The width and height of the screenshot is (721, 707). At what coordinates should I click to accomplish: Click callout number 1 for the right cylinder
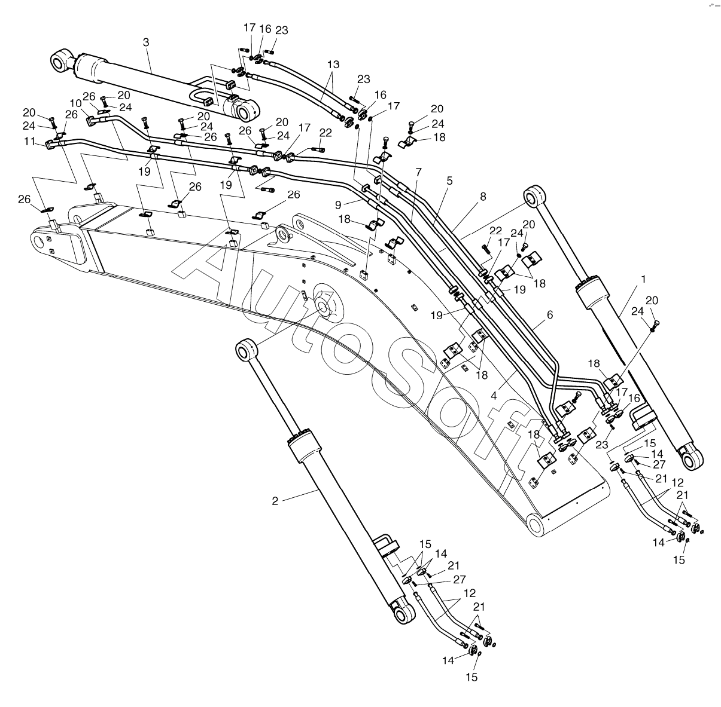[x=643, y=279]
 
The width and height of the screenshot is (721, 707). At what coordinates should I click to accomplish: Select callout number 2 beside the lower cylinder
[x=275, y=501]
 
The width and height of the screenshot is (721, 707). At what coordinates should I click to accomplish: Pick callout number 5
[x=449, y=180]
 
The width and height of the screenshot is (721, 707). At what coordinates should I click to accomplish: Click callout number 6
[x=549, y=314]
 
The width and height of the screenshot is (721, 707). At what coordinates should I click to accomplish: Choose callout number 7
[x=418, y=172]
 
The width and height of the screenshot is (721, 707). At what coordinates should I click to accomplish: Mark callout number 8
[x=483, y=196]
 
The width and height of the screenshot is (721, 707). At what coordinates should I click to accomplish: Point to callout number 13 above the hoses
[x=333, y=64]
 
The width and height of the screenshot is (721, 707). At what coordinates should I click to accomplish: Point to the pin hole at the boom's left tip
[x=40, y=242]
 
